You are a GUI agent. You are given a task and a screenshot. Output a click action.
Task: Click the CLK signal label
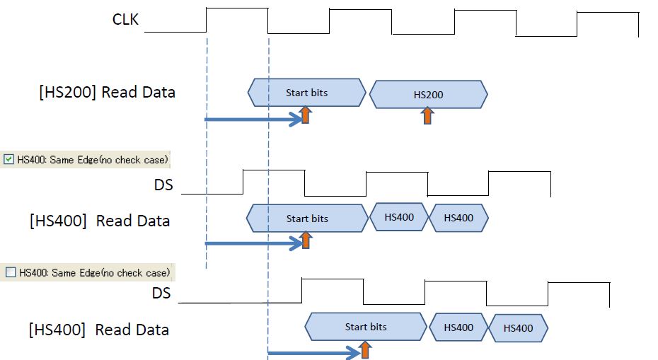[x=126, y=19]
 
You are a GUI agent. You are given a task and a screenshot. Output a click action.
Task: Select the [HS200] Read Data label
[x=108, y=93]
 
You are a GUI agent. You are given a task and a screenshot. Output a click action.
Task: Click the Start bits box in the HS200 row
[x=306, y=93]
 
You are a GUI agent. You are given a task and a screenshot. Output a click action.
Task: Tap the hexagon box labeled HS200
[x=428, y=95]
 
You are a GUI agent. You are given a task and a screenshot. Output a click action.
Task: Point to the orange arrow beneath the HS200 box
[x=427, y=115]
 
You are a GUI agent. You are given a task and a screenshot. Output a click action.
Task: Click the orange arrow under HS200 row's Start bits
[x=305, y=115]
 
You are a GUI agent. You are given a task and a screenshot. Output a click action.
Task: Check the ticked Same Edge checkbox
[x=8, y=158]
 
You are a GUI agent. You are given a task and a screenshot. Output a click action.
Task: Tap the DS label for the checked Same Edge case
[x=163, y=185]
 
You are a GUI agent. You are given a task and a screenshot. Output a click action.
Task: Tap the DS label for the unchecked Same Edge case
[x=161, y=291]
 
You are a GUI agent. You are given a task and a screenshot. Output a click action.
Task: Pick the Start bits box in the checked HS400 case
[x=306, y=218]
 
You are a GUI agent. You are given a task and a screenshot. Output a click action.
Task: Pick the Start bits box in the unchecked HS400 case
[x=366, y=327]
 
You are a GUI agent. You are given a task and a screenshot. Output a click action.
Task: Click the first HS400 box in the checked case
[x=399, y=217]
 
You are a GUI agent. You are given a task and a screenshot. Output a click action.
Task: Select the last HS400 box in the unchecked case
[x=519, y=328]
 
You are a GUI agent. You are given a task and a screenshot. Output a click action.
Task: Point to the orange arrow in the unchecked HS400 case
[x=365, y=349]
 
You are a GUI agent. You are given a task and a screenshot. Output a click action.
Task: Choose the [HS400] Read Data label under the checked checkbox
[x=100, y=221]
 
